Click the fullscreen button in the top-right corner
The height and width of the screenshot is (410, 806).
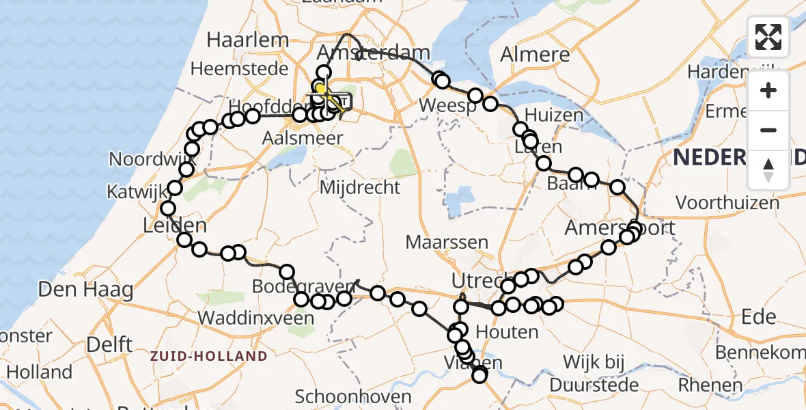pos(768,37)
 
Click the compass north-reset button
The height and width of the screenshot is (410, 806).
pos(768,169)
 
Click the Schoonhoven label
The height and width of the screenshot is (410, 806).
pos(353,396)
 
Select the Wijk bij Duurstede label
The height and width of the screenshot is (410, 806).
pos(601,372)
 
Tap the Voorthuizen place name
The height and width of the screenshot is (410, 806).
pos(727,202)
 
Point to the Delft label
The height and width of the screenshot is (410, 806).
pos(110,344)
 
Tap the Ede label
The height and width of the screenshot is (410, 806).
pos(759,316)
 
